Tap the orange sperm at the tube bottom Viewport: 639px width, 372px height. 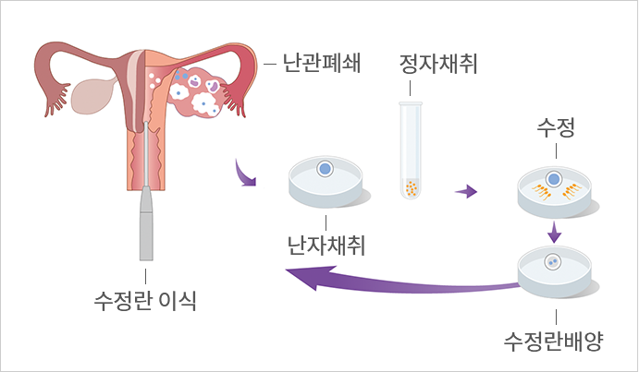point(411,189)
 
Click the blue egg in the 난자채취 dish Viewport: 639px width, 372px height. point(325,169)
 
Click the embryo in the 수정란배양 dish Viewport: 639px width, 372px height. point(552,260)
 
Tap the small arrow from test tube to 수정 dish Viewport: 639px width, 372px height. point(467,192)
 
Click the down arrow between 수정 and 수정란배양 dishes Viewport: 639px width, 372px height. point(554,229)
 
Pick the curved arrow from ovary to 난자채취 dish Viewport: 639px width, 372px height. point(245,173)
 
